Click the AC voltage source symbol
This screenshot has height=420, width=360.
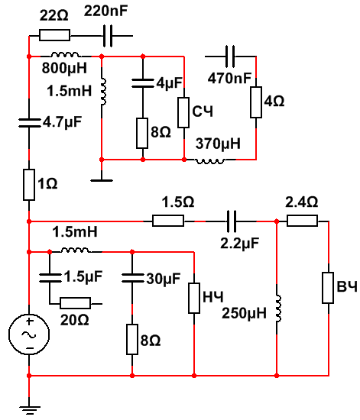click(29, 334)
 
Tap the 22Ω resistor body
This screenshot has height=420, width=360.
click(55, 35)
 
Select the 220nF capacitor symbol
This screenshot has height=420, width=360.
click(108, 36)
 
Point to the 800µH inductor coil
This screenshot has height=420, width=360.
click(65, 55)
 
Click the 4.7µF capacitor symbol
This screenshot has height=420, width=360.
click(29, 123)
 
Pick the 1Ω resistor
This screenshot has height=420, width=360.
click(29, 185)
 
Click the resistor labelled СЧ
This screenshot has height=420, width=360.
click(183, 112)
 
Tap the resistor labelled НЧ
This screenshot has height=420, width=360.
click(194, 298)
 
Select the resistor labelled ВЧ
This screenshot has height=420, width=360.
click(328, 288)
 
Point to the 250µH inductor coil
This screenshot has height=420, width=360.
click(278, 308)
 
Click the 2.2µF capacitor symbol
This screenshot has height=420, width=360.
click(232, 221)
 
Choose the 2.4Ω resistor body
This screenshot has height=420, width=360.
click(303, 221)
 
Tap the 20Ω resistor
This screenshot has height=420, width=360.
click(76, 303)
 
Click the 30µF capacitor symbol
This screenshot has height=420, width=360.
click(132, 278)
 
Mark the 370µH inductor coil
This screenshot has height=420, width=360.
click(211, 161)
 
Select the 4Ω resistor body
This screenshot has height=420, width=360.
click(256, 102)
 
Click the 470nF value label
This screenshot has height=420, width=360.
click(230, 78)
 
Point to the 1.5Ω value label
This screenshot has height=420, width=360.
click(178, 202)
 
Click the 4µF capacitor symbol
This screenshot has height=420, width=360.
click(143, 82)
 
